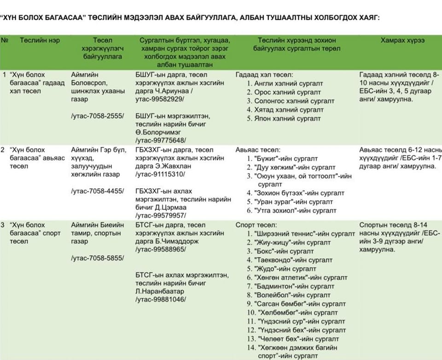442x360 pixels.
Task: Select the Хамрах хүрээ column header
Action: tap(402, 41)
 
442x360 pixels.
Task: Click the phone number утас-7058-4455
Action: tap(98, 191)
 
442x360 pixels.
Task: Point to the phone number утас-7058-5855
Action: tap(98, 258)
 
